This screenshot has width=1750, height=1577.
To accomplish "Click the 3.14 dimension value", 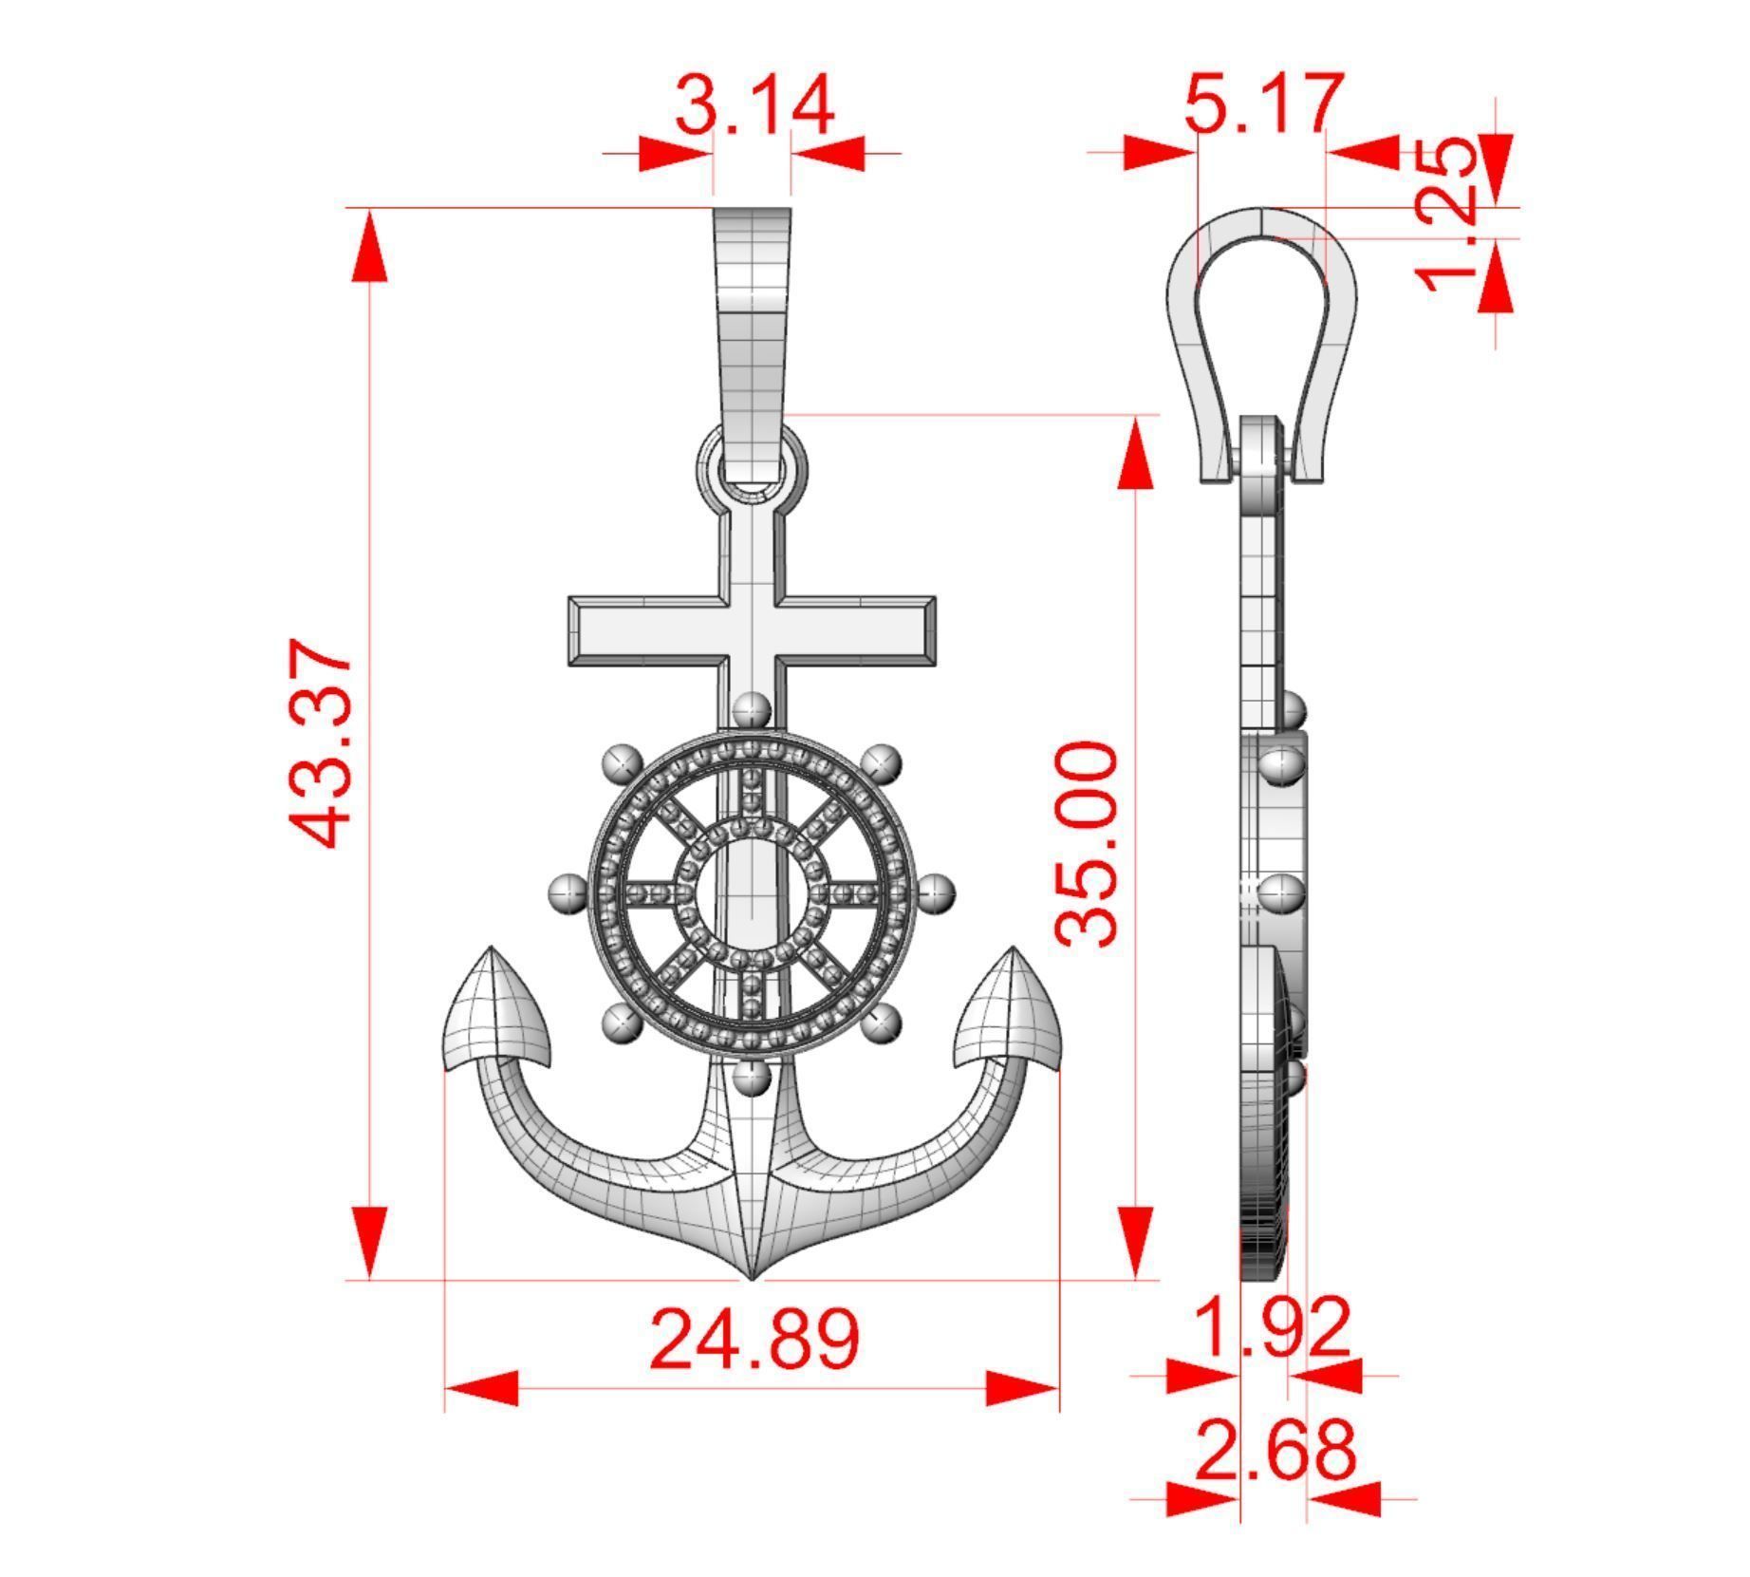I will click(754, 104).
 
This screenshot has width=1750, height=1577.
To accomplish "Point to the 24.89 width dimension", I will click(754, 1339).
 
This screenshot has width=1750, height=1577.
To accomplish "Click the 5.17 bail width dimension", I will click(1263, 102).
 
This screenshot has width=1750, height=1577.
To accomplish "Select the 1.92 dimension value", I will click(1272, 1327).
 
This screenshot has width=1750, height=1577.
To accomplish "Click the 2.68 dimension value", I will click(1275, 1450).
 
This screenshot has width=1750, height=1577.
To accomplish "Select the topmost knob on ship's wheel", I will click(752, 709).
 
